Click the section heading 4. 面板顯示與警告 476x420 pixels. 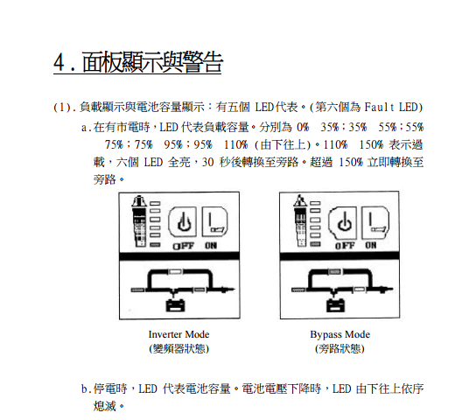click(x=138, y=62)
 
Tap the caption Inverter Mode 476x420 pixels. click(x=178, y=334)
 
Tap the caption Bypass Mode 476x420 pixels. click(x=340, y=334)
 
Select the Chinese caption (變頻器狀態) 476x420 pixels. click(x=178, y=348)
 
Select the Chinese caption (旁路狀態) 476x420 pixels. click(x=339, y=348)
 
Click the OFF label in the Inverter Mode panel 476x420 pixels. click(x=183, y=246)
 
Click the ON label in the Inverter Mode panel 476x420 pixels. click(x=211, y=245)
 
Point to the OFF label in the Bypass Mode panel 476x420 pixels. click(x=345, y=245)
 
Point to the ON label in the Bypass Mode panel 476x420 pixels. click(x=371, y=245)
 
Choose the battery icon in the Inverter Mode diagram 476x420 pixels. click(x=175, y=305)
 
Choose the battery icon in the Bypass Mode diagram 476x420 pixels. click(x=335, y=305)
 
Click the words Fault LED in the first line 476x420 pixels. click(x=394, y=107)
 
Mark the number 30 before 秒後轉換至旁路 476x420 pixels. click(x=208, y=163)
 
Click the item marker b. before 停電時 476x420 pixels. click(x=86, y=388)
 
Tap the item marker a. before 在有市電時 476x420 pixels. click(x=86, y=128)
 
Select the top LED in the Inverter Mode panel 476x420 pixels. click(x=155, y=204)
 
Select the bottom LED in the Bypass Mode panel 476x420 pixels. click(x=315, y=244)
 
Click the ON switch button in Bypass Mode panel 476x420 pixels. click(x=375, y=223)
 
